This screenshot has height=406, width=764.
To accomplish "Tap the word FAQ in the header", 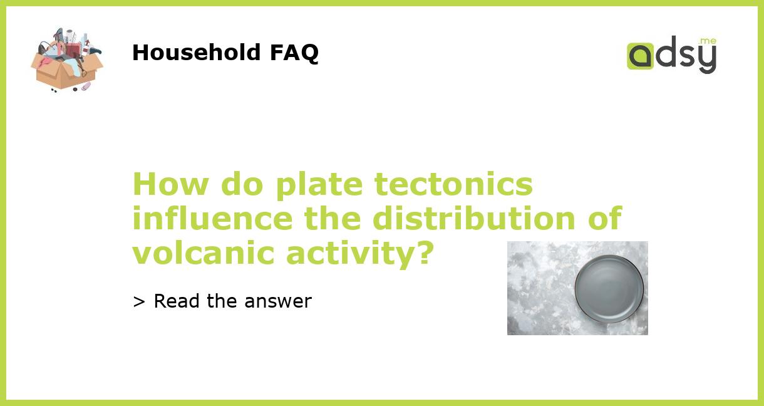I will click(x=294, y=53).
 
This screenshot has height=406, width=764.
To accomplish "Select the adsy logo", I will click(x=671, y=55).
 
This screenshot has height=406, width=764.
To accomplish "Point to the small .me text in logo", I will click(x=708, y=41).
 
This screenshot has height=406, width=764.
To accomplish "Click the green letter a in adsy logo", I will click(x=640, y=56).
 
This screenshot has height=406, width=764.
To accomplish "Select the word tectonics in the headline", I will click(x=453, y=185).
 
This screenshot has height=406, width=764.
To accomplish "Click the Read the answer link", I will click(x=222, y=301).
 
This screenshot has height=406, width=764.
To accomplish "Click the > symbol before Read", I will click(x=139, y=302).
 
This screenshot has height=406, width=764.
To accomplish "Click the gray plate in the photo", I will click(x=609, y=288).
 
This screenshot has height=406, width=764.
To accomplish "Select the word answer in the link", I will click(x=278, y=302).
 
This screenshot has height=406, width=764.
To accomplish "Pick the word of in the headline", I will click(x=604, y=219).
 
